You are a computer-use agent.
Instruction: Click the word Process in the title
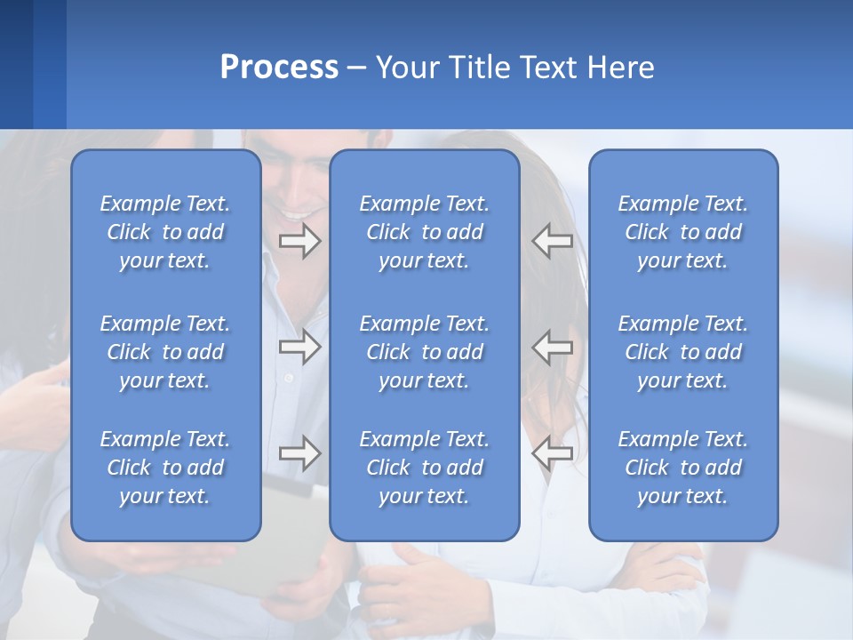tap(279, 68)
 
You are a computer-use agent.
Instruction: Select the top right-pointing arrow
tap(300, 241)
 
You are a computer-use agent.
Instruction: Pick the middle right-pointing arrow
tap(300, 347)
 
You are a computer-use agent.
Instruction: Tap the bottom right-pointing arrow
tap(300, 453)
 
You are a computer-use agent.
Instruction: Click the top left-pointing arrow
tap(552, 241)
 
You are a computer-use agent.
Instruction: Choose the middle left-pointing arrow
tap(552, 347)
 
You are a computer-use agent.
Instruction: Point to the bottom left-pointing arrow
tap(552, 453)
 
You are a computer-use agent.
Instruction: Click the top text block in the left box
tap(165, 232)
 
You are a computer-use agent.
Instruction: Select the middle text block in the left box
tap(165, 352)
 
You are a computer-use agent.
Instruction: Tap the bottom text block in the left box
tap(165, 468)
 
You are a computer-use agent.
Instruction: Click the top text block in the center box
tap(424, 232)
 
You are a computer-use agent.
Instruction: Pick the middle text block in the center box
tap(424, 352)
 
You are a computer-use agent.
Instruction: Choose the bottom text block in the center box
tap(424, 468)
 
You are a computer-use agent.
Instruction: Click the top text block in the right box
tap(682, 232)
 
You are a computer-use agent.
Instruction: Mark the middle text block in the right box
tap(682, 352)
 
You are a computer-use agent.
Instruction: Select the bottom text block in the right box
tap(682, 468)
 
